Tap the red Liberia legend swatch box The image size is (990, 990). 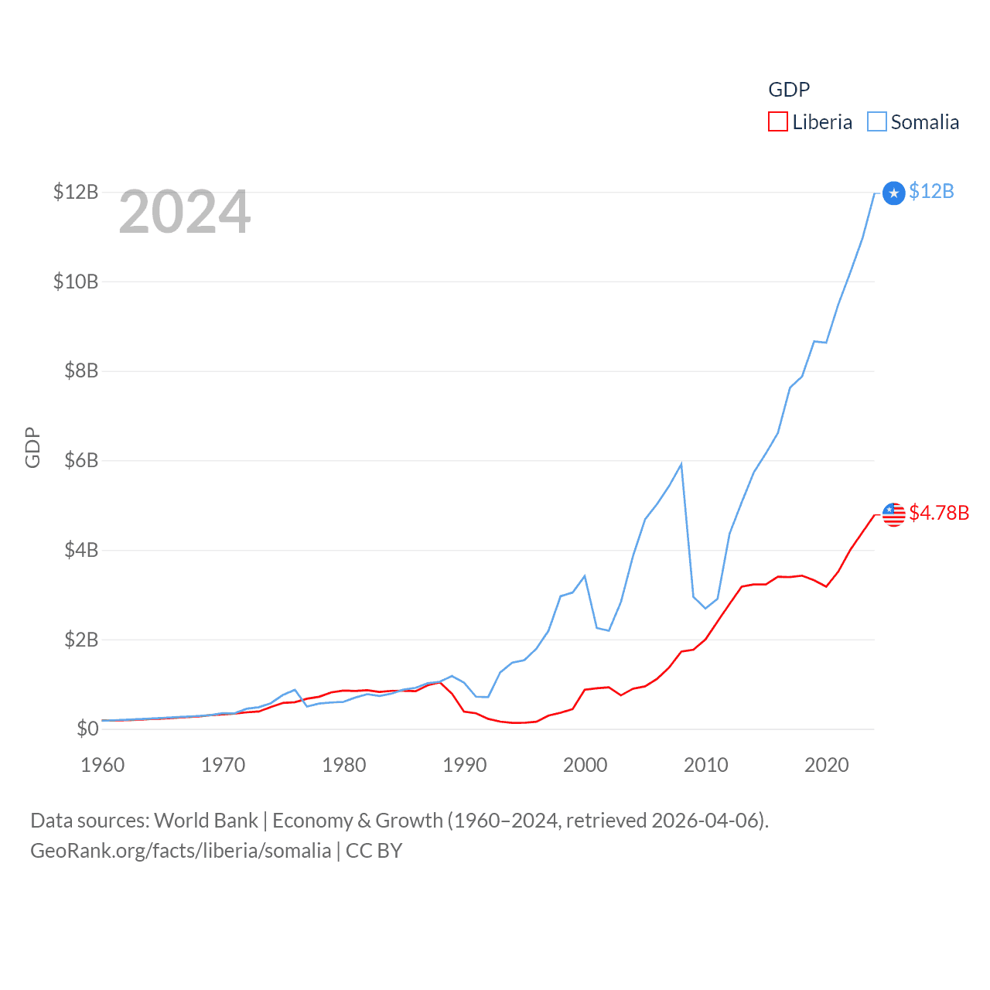point(777,122)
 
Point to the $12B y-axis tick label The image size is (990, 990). point(76,192)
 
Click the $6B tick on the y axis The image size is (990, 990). point(81,461)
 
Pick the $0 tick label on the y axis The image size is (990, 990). point(87,729)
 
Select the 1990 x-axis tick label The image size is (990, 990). point(464,765)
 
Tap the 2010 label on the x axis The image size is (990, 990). point(705,765)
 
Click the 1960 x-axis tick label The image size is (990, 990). point(102,765)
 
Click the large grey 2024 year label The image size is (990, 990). point(184,212)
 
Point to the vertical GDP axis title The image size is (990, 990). point(32,447)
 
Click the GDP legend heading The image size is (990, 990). point(789,90)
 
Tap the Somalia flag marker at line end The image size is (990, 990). point(893,193)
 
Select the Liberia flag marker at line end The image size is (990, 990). point(893,514)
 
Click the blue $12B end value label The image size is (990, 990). point(931,191)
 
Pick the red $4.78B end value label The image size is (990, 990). point(939,513)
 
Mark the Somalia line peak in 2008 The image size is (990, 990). point(681,464)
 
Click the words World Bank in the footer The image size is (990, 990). point(206,821)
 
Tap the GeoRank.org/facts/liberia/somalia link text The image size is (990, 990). point(180,851)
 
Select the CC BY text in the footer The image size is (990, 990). point(374,851)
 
